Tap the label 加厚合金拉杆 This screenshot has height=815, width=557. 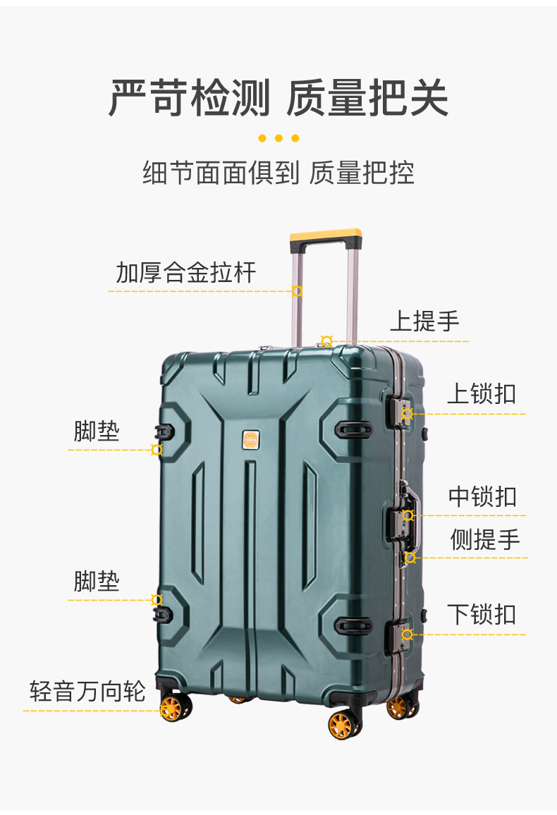tap(185, 272)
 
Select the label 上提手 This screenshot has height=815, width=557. tap(424, 321)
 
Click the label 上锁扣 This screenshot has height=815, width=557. tap(482, 394)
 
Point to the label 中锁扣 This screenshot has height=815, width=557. tap(482, 496)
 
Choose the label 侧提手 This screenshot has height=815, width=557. tap(485, 539)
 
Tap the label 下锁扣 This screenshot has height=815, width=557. tap(482, 614)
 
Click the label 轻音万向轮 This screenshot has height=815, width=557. tap(87, 691)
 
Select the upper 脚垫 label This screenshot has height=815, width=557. tap(97, 431)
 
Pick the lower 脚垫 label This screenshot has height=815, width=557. tap(97, 582)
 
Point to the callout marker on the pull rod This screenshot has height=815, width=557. tap(297, 291)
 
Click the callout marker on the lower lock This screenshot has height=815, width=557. tap(407, 635)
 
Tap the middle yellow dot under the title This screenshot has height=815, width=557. tap(278, 138)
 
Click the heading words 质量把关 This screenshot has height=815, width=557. tap(367, 99)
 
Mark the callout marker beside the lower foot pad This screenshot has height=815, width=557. tap(157, 600)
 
